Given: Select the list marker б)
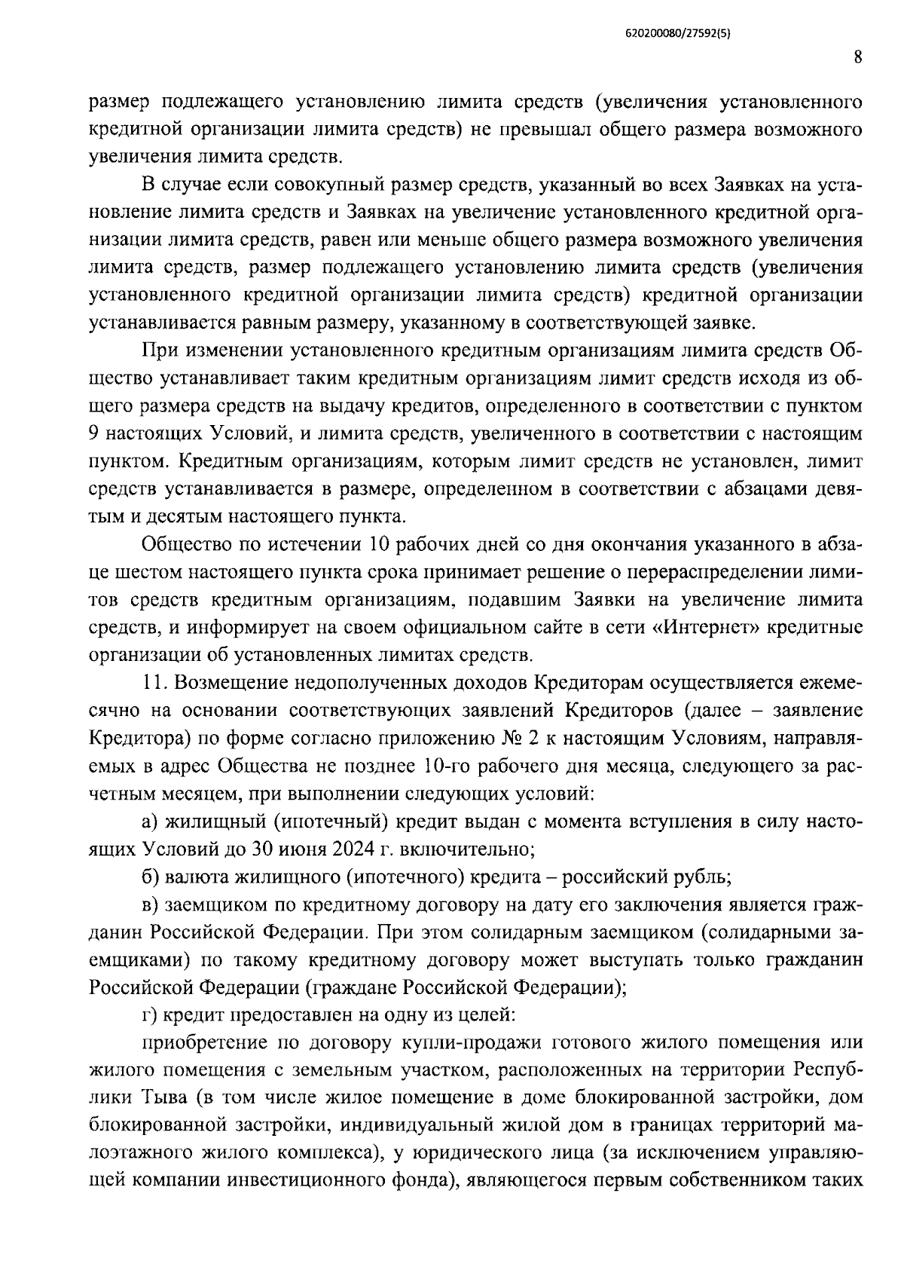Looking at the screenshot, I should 151,877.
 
